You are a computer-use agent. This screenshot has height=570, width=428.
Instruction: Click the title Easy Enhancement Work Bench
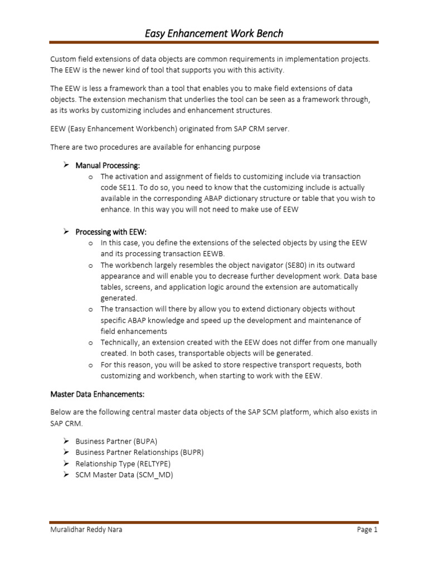click(x=214, y=33)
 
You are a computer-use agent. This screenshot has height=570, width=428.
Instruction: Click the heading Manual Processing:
click(x=108, y=165)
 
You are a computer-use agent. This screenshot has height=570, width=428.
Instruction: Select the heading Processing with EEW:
click(x=111, y=232)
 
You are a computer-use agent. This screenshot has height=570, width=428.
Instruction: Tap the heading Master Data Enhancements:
click(x=98, y=395)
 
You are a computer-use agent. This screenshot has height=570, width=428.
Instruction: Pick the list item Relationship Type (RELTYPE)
click(x=123, y=464)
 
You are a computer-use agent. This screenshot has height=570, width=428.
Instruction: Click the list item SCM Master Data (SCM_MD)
click(x=124, y=475)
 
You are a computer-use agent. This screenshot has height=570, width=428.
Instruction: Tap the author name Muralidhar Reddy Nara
click(x=86, y=530)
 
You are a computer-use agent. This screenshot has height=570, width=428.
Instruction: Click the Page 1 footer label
click(x=367, y=530)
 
